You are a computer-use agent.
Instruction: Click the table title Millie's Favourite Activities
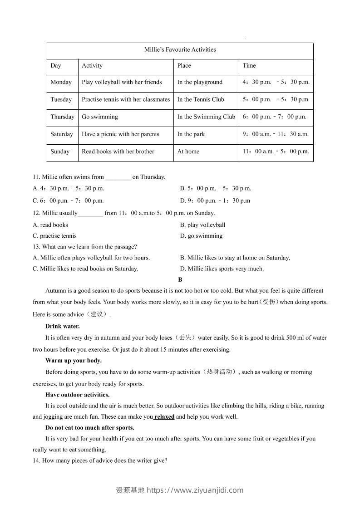[180, 49]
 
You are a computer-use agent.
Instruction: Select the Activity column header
[92, 65]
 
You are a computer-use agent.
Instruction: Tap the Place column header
[184, 65]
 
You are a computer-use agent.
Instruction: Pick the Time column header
[249, 65]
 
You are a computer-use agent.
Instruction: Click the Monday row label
[61, 82]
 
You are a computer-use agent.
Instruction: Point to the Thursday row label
[62, 117]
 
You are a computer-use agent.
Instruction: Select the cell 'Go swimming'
[99, 117]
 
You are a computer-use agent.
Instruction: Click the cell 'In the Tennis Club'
[201, 99]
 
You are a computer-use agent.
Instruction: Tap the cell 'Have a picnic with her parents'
[120, 134]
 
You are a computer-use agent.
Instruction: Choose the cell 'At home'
[188, 151]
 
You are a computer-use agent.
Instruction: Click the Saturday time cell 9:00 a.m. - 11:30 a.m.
[276, 134]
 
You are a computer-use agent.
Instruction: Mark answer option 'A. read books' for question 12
[50, 225]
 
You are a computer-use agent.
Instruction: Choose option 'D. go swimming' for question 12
[201, 235]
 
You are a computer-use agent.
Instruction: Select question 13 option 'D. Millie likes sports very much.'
[222, 269]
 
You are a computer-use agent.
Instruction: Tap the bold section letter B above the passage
[180, 280]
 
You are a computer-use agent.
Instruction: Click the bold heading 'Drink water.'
[62, 326]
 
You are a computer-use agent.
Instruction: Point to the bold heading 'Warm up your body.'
[73, 361]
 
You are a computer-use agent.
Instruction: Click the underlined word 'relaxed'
[164, 416]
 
